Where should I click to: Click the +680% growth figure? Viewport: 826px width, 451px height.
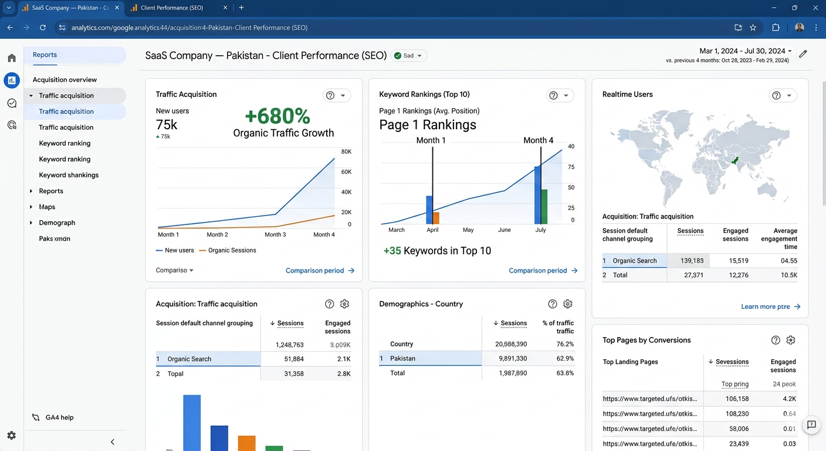pos(277,116)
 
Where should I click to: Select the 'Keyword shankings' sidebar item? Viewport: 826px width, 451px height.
pos(69,175)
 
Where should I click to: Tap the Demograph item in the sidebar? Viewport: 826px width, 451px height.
pos(57,223)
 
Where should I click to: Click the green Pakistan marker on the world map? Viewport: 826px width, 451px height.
pos(735,160)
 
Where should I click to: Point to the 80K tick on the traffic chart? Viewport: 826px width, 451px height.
pos(346,152)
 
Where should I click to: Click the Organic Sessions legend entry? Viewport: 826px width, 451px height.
pos(228,250)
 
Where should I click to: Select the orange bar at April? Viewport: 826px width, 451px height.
pos(436,218)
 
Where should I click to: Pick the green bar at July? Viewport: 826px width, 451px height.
pos(544,207)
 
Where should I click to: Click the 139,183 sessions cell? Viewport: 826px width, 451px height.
pos(692,261)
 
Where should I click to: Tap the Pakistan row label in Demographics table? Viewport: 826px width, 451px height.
pos(402,358)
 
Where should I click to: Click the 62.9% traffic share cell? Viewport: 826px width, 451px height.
pos(565,358)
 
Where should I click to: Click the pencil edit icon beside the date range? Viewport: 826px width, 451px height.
pos(803,54)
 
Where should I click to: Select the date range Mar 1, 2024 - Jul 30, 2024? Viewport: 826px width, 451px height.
pos(742,51)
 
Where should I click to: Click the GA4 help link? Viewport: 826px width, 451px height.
pos(59,418)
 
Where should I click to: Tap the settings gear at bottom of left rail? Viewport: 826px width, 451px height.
pos(11,436)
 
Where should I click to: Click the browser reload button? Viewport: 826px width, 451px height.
pos(43,28)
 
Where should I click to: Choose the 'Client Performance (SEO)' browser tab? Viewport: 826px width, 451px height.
pos(172,8)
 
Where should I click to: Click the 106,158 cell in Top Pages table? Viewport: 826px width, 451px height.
pos(737,399)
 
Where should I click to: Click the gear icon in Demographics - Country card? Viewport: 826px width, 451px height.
pos(567,304)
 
